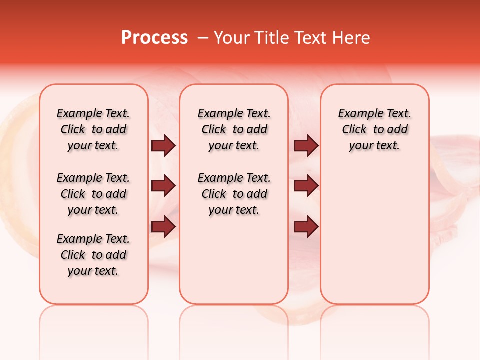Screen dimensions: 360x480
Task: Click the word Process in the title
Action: coord(154,38)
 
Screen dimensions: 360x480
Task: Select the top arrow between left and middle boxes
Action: coord(163,146)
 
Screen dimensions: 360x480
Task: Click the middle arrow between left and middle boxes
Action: coord(163,186)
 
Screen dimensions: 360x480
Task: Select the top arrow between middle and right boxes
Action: coord(306,146)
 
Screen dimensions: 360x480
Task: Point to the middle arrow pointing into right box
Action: coord(306,186)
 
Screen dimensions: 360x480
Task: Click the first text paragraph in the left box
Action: coord(93,129)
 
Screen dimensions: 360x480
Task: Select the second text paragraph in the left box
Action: coord(93,194)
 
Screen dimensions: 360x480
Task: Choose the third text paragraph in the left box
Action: coord(93,255)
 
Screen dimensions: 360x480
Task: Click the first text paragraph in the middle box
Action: coord(234,129)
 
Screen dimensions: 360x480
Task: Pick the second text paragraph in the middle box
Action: coord(234,194)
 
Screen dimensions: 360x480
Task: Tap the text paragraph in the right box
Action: coord(374,129)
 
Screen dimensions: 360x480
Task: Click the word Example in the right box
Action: coord(357,114)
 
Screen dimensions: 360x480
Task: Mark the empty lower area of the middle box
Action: coord(234,260)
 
